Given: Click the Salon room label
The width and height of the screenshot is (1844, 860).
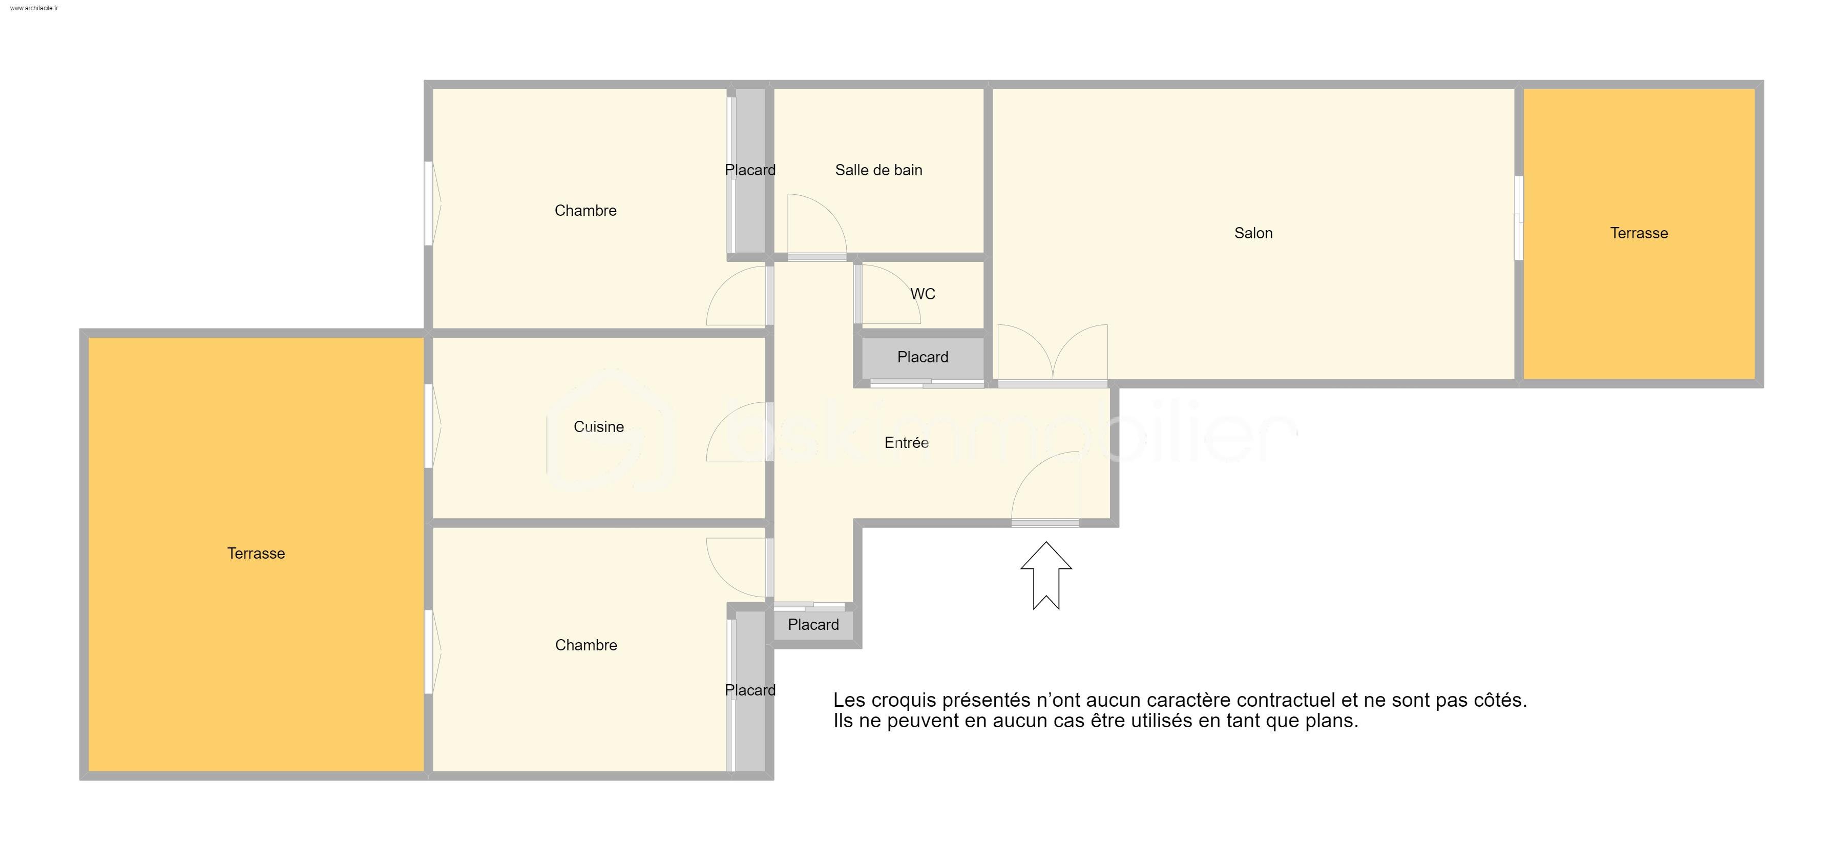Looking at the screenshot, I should point(1253,233).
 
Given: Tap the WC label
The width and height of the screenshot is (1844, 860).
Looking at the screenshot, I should point(923,294).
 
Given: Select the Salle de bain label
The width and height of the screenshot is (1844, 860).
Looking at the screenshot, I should point(878,170).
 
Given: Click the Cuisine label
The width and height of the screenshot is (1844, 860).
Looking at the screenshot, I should point(598,427).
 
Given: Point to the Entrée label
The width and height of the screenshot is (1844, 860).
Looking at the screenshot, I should point(906,442).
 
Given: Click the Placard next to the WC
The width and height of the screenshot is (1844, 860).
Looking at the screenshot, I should point(923,357).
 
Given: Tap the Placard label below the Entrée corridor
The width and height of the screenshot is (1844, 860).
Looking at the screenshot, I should point(813,624).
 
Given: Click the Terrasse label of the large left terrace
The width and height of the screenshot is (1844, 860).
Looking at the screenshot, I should point(256,553).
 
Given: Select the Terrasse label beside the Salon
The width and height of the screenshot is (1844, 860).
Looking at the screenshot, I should point(1639,233).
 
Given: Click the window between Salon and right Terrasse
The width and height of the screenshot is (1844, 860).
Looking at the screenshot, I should point(1518,218).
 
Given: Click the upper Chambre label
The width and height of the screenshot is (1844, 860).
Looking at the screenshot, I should point(585,211).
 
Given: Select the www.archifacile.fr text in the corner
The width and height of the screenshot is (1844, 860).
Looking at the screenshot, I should point(34,8).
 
